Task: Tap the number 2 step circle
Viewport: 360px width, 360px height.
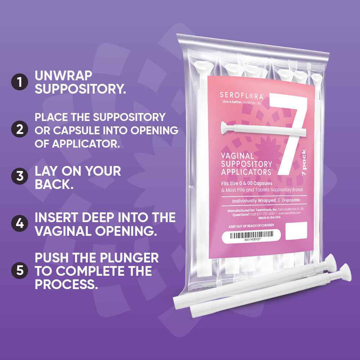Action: [x=19, y=130]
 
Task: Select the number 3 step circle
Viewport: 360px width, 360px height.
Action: [x=19, y=177]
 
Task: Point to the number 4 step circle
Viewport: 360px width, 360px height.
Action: [x=19, y=223]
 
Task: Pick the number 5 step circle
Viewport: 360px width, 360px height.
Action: [x=19, y=270]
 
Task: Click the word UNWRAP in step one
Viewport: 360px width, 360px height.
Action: [x=63, y=76]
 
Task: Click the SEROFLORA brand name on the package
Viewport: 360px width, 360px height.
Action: [x=241, y=96]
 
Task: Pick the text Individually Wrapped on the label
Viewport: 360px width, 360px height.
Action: [x=254, y=201]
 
